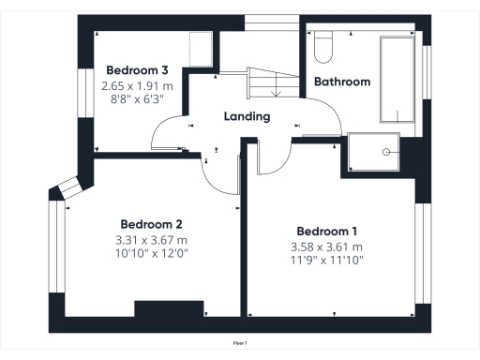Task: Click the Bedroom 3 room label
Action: pos(137,70)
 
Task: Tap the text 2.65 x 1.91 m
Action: pos(137,84)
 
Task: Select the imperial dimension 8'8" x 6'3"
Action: pos(137,97)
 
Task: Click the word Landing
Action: pos(247,117)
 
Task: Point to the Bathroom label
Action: pos(341,82)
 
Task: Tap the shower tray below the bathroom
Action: pos(372,154)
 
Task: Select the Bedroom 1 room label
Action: pos(326,232)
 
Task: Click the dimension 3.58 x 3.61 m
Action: pos(326,247)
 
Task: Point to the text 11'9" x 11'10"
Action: pos(326,260)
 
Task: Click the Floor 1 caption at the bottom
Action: pos(240,344)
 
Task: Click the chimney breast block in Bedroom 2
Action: pos(169,309)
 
